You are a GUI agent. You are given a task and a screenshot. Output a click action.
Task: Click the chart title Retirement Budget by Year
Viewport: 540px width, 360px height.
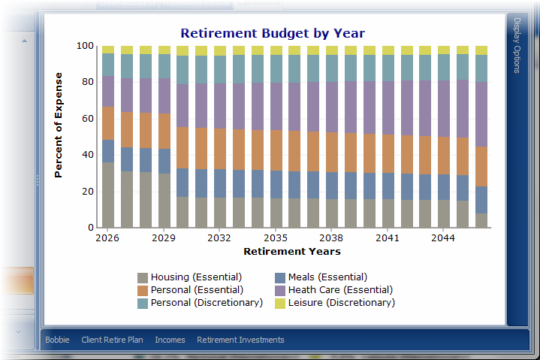click(273, 33)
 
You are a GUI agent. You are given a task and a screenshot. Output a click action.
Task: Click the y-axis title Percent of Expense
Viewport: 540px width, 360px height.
click(59, 125)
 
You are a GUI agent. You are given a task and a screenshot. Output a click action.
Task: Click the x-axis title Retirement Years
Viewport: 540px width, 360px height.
click(292, 251)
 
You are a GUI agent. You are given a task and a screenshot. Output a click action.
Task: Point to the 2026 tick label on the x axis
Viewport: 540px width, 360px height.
click(107, 237)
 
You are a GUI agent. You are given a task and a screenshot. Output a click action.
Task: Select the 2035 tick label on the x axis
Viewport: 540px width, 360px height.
click(276, 237)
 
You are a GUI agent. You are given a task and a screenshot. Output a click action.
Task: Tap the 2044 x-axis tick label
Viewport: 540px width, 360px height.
click(443, 237)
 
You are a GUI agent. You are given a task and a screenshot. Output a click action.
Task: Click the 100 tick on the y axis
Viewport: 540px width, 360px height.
click(85, 46)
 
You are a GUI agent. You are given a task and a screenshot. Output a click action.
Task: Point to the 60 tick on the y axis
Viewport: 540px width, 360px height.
click(88, 119)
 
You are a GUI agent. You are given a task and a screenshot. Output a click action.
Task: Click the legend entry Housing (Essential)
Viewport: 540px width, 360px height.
click(190, 277)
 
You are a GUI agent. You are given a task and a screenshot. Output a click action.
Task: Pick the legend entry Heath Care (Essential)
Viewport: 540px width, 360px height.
click(333, 290)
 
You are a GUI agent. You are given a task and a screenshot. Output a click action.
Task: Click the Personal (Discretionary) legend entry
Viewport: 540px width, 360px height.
click(200, 303)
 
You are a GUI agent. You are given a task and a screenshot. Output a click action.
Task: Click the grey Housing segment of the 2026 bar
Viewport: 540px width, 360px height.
click(108, 195)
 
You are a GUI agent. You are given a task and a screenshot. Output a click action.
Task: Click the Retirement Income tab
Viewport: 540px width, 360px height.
click(197, 4)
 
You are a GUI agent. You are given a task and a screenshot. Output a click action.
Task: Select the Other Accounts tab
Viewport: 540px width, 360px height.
click(128, 4)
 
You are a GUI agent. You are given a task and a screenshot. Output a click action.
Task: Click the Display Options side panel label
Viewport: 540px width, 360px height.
click(517, 46)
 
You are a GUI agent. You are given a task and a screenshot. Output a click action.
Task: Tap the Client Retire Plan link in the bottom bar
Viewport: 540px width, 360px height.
click(112, 340)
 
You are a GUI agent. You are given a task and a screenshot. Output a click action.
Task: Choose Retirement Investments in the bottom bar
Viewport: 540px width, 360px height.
click(240, 340)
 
